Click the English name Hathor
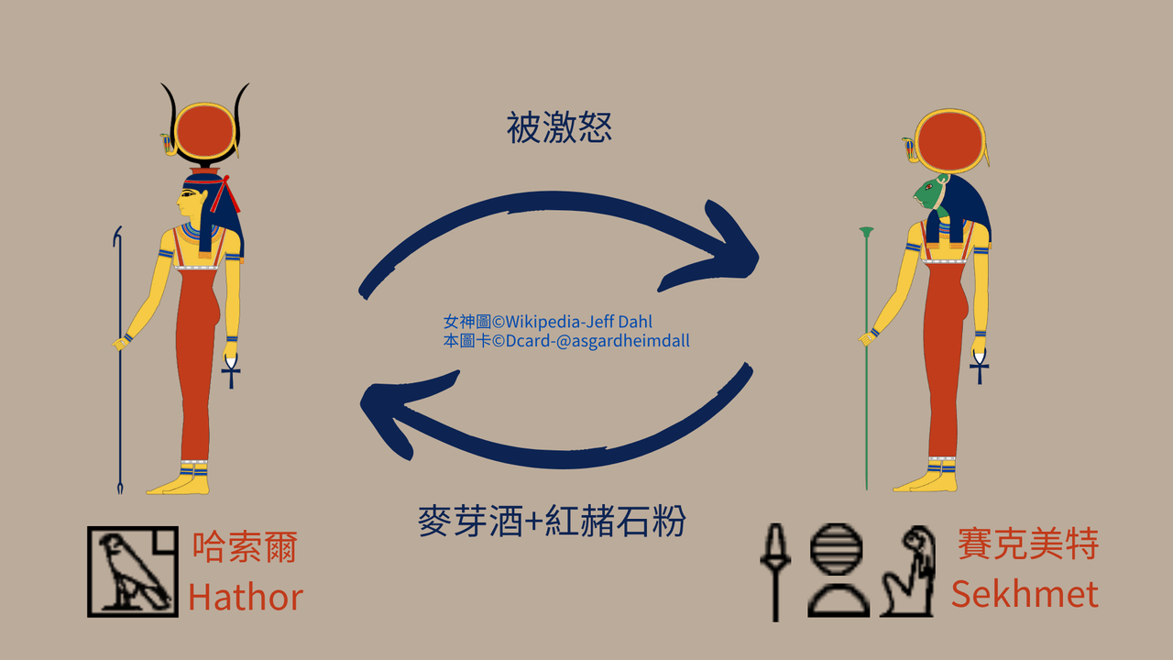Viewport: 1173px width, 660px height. pyautogui.click(x=246, y=597)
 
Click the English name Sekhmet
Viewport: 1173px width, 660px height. pyautogui.click(x=1025, y=594)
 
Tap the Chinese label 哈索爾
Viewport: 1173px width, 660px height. pyautogui.click(x=245, y=547)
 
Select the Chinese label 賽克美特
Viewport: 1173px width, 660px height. pyautogui.click(x=1028, y=544)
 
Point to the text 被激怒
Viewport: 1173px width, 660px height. pyautogui.click(x=559, y=127)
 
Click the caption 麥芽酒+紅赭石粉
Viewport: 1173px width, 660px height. pyautogui.click(x=552, y=521)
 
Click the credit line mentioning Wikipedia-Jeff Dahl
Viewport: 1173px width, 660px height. pyautogui.click(x=548, y=321)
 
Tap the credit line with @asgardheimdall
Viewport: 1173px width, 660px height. pyautogui.click(x=566, y=341)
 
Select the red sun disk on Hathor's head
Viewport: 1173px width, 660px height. pyautogui.click(x=204, y=131)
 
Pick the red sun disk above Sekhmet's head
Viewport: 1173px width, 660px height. pyautogui.click(x=950, y=141)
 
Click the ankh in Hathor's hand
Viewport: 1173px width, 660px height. pyautogui.click(x=231, y=371)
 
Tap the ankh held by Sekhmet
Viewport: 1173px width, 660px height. pyautogui.click(x=979, y=367)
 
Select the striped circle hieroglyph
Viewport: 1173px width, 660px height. pyautogui.click(x=836, y=549)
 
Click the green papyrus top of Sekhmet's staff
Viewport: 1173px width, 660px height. pyautogui.click(x=866, y=232)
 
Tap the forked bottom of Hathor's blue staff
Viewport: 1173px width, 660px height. pyautogui.click(x=120, y=488)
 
